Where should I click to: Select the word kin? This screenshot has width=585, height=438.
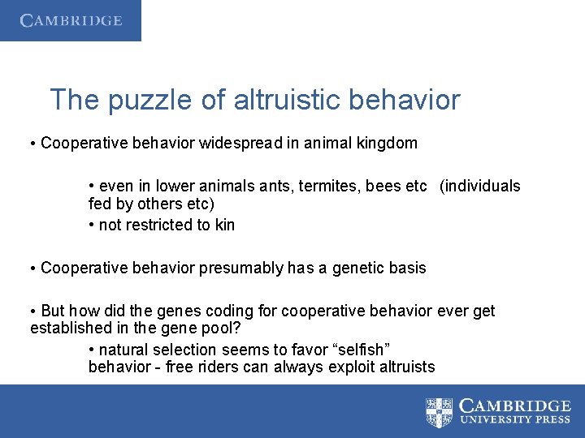[x=225, y=225]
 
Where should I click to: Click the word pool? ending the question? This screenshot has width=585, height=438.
[x=223, y=328]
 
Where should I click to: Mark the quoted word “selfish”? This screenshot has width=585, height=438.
[x=360, y=350]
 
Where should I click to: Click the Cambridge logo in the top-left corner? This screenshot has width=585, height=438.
[x=71, y=20]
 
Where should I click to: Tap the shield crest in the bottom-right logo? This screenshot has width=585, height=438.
[x=439, y=412]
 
